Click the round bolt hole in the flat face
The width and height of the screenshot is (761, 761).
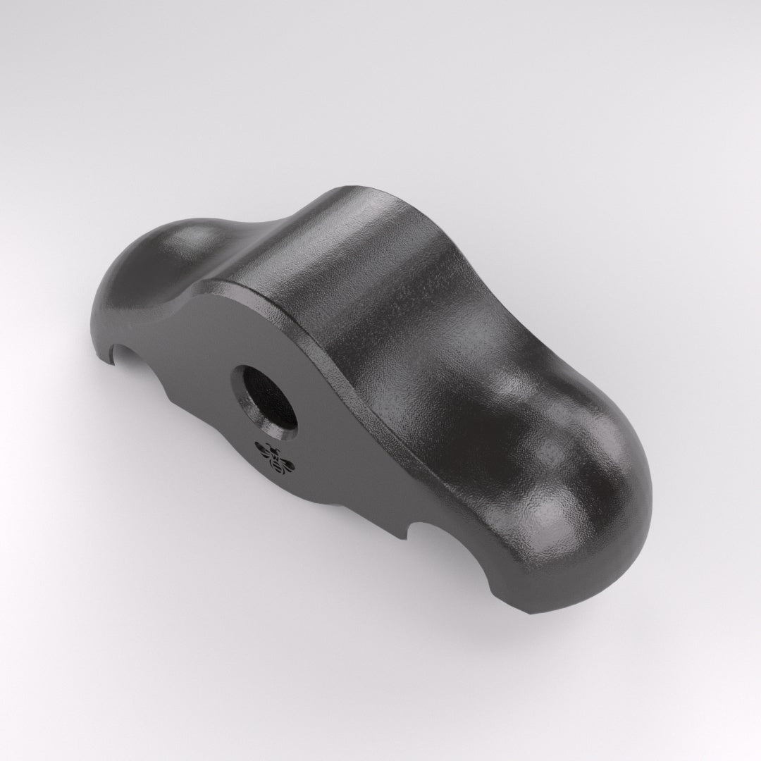click(266, 400)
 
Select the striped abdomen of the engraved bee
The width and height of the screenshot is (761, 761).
click(282, 466)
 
